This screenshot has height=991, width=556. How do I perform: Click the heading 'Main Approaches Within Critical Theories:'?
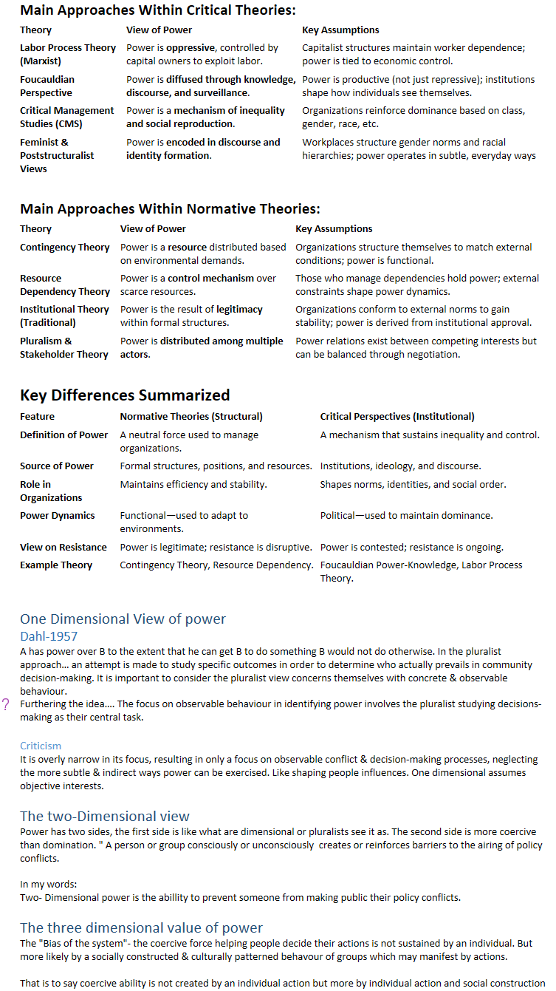pyautogui.click(x=157, y=10)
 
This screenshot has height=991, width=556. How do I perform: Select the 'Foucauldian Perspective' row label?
pyautogui.click(x=47, y=86)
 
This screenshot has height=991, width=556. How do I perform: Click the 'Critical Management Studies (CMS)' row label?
pyautogui.click(x=66, y=117)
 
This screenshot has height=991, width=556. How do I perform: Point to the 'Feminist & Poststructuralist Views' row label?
pyautogui.click(x=57, y=155)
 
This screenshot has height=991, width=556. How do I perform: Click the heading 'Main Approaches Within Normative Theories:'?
pyautogui.click(x=170, y=209)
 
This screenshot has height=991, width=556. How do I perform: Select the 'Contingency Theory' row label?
pyautogui.click(x=64, y=247)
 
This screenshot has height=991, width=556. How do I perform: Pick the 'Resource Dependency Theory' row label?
pyautogui.click(x=64, y=285)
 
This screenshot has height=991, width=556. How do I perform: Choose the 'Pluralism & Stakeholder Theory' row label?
pyautogui.click(x=64, y=347)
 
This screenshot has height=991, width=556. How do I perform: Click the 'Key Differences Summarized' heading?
pyautogui.click(x=125, y=395)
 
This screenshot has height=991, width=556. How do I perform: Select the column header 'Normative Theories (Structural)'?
pyautogui.click(x=191, y=416)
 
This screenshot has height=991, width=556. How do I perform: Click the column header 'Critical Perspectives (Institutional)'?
pyautogui.click(x=397, y=416)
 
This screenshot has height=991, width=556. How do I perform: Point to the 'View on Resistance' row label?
pyautogui.click(x=63, y=547)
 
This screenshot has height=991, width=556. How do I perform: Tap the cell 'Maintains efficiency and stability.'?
pyautogui.click(x=193, y=484)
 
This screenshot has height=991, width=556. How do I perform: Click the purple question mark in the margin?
pyautogui.click(x=7, y=704)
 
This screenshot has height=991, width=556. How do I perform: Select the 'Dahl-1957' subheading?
pyautogui.click(x=49, y=636)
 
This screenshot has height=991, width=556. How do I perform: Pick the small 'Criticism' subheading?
pyautogui.click(x=41, y=746)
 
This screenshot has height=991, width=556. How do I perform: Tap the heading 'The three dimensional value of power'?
pyautogui.click(x=141, y=927)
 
